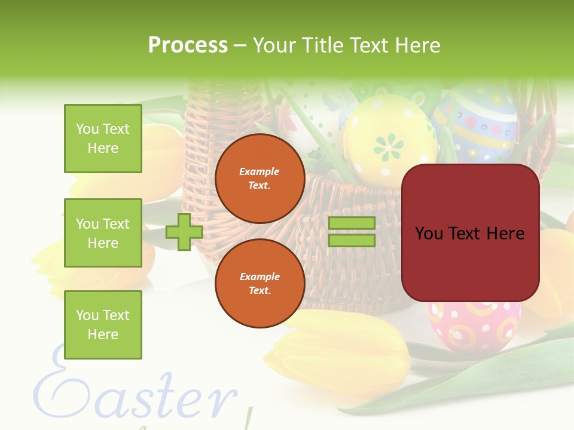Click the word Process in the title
pos(188,45)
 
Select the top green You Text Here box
pos(103,139)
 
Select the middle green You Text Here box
pos(103,233)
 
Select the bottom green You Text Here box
pos(103,325)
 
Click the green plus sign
pos(184,232)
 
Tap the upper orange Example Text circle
pos(260,179)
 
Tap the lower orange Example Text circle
pos(260,284)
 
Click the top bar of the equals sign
pos(352,223)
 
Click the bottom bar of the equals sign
pos(352,241)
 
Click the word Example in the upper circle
pos(259,171)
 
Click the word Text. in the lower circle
pos(259,290)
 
